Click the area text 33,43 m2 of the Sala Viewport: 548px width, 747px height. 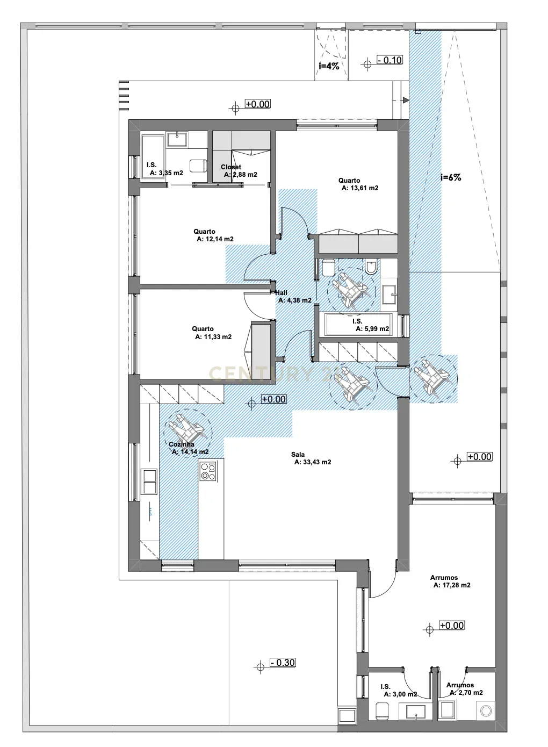pos(313,462)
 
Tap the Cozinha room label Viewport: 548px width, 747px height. pos(182,444)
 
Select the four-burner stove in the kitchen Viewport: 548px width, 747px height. pos(208,471)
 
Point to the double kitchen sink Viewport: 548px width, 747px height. pos(149,482)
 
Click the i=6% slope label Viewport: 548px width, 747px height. pos(451,177)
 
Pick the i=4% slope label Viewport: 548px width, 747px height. pos(329,66)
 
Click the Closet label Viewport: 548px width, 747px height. pos(230,167)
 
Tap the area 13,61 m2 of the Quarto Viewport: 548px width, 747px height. pos(360,188)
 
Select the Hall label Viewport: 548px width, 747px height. pos(281,293)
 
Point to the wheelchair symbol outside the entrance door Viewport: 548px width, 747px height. pos(434,378)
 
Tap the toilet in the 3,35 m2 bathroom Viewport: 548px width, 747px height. pos(198,166)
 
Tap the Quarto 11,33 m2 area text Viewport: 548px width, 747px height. pos(213,337)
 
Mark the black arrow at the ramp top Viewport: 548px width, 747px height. pos(405,100)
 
